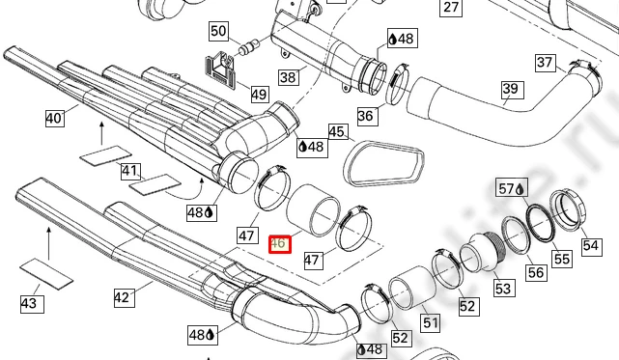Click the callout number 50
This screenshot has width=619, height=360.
[x=218, y=31]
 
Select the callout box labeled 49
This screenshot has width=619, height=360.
[x=259, y=95]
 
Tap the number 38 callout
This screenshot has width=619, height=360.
[x=288, y=77]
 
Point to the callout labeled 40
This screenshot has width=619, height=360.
[x=54, y=118]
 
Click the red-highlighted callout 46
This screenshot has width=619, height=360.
[x=280, y=244]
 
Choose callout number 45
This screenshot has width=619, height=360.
[x=336, y=131]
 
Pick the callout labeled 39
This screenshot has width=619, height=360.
[x=511, y=90]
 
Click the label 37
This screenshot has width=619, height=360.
[x=545, y=63]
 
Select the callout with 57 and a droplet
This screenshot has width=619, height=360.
[x=512, y=188]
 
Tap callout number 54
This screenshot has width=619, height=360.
[x=591, y=245]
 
